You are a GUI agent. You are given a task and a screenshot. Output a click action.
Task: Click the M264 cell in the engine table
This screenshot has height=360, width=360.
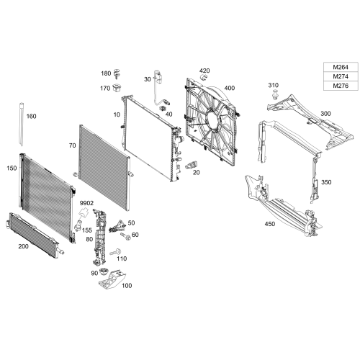[336, 67]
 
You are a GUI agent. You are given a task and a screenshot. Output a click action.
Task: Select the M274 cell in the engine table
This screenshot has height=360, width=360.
[336, 76]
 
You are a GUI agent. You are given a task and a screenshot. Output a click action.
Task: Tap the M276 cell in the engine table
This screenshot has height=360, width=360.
[336, 86]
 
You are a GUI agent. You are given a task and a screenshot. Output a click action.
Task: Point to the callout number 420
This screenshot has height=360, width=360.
[204, 71]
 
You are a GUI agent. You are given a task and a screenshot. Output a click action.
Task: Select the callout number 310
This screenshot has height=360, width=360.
[274, 86]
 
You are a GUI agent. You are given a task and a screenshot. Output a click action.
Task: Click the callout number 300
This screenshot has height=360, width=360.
[325, 114]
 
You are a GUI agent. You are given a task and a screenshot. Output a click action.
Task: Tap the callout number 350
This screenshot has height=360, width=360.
[326, 182]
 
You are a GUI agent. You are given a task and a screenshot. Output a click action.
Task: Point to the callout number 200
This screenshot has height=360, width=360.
[23, 246]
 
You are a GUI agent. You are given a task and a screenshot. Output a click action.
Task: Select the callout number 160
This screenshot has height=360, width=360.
[31, 116]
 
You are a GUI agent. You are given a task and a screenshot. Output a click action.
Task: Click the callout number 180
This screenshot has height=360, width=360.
[106, 73]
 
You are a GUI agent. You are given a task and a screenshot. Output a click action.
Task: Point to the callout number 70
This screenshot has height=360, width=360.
[72, 145]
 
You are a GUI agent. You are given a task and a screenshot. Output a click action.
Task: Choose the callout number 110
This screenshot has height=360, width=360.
[121, 258]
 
